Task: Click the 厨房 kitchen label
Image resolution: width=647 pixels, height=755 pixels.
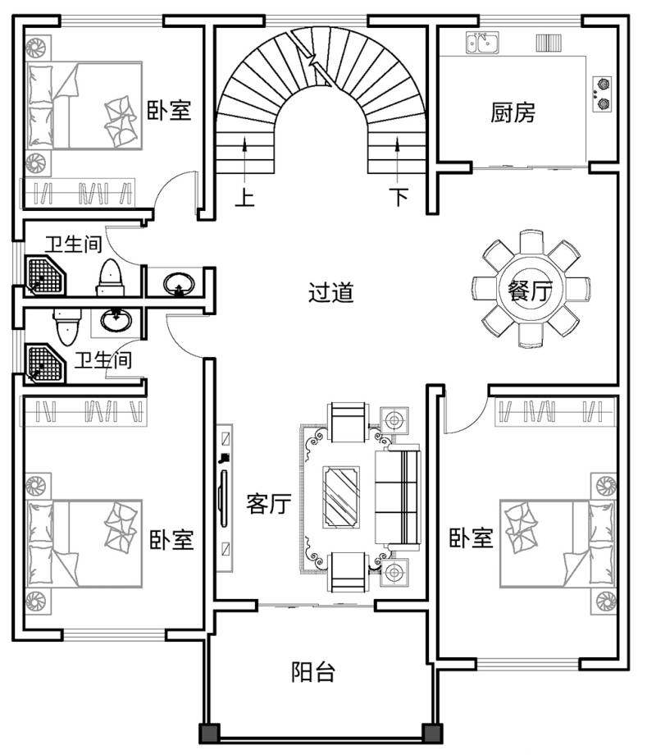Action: (x=513, y=112)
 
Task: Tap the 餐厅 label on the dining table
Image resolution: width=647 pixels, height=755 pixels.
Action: (x=530, y=291)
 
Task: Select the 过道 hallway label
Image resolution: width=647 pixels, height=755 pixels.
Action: (x=331, y=292)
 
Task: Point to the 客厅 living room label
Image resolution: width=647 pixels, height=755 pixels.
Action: (x=268, y=504)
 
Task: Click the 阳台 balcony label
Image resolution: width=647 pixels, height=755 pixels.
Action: (x=313, y=671)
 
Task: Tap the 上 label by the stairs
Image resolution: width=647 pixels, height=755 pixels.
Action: (x=245, y=198)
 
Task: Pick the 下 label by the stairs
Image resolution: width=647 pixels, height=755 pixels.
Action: (x=399, y=196)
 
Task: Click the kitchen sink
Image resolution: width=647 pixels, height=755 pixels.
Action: (x=482, y=43)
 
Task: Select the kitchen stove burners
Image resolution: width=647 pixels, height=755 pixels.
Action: (x=602, y=94)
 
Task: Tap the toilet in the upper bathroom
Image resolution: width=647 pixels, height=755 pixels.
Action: (x=111, y=278)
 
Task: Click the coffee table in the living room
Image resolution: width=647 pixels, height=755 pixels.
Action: (x=341, y=497)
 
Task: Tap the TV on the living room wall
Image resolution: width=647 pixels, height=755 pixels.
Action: (x=223, y=498)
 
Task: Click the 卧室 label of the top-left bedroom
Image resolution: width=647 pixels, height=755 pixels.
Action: (x=169, y=110)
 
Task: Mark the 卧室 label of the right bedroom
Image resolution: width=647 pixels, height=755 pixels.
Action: (x=472, y=538)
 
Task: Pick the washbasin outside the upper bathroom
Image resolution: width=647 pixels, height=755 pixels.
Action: (x=179, y=283)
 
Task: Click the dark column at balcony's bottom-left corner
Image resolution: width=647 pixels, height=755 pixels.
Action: (x=210, y=734)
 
